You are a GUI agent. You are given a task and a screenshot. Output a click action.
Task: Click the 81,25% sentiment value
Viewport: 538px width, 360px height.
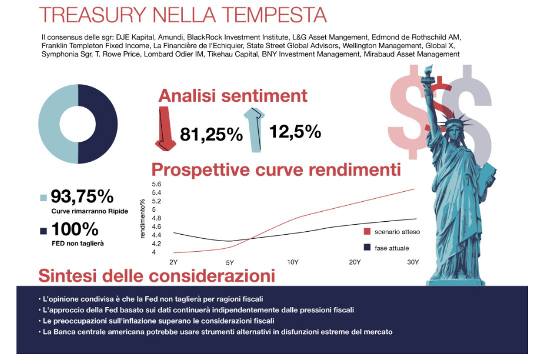pos(211,135)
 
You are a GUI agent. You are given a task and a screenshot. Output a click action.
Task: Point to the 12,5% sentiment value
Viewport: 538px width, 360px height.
pos(295,131)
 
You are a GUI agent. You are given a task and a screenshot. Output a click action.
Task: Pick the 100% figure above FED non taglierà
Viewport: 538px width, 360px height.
pos(75,229)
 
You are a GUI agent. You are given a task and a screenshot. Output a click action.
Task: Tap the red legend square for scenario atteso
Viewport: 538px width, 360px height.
pos(367,232)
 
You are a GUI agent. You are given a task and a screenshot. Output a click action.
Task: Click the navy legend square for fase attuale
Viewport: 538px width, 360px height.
pos(367,248)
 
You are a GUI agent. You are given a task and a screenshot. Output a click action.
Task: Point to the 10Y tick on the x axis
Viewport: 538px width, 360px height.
pos(293,262)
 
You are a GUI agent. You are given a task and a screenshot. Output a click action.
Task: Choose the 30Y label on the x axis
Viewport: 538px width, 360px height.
pos(413,262)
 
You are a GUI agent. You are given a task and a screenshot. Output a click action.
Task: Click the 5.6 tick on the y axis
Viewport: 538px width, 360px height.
pos(156,184)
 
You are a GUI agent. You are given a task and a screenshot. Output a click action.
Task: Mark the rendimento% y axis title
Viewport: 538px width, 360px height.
pos(143,219)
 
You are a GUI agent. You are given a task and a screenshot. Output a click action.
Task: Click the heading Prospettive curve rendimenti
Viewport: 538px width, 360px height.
pos(276,170)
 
